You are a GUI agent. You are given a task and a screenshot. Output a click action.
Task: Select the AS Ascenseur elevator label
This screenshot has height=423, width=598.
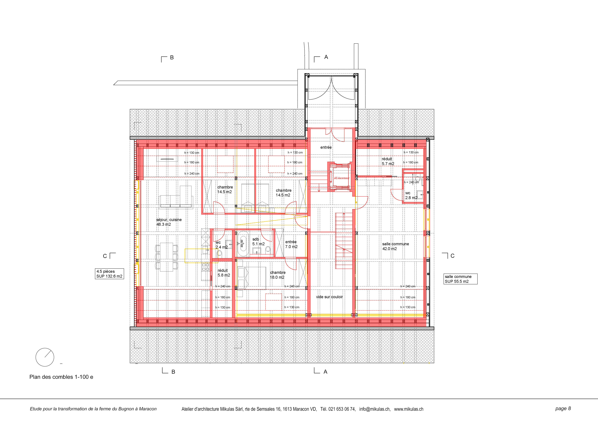[341, 178]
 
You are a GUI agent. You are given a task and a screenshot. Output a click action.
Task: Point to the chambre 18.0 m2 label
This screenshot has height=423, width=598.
[278, 275]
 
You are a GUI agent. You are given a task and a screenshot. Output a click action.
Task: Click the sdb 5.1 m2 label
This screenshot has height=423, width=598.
[258, 241]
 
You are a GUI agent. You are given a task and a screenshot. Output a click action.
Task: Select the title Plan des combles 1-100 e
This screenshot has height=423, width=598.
[61, 377]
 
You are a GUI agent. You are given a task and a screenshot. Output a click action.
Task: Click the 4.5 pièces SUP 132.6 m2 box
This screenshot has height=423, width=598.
[109, 274]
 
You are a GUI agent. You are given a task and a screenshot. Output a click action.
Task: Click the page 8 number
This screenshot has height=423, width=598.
[563, 408]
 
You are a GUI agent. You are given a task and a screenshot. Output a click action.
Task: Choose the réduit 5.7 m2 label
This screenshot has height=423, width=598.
[388, 161]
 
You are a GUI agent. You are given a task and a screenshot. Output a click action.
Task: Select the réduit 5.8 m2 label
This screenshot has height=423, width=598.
[224, 273]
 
